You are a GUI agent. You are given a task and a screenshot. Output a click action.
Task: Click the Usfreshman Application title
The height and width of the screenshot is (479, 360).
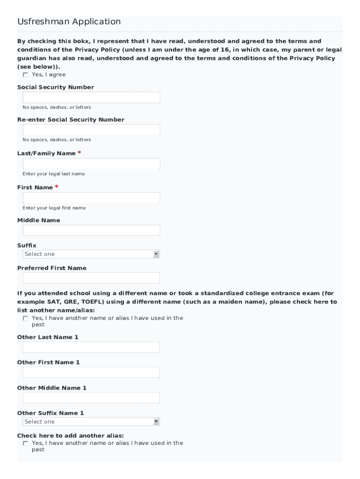tap(69, 22)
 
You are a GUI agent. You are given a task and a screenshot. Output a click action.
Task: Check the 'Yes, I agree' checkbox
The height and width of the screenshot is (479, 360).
tap(25, 75)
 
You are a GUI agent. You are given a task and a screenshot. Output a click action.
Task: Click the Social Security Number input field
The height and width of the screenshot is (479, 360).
tap(91, 97)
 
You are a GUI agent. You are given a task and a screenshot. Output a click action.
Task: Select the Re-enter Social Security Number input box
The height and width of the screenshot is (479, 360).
tap(91, 130)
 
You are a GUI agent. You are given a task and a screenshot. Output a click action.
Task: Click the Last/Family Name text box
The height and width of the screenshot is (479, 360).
tap(91, 164)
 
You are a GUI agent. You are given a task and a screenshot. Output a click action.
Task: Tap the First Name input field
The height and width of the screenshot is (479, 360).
tap(91, 198)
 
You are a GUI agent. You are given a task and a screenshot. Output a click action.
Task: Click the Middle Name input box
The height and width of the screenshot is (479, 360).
tap(91, 230)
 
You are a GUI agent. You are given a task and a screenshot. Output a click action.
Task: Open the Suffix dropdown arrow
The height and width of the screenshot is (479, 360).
tap(156, 254)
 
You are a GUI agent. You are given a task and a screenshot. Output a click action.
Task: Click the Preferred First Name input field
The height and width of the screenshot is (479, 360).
tap(91, 278)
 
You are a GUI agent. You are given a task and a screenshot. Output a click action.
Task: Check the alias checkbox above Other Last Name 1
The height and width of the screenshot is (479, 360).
tap(25, 319)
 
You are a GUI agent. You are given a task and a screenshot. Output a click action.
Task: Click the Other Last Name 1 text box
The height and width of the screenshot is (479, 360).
tap(91, 347)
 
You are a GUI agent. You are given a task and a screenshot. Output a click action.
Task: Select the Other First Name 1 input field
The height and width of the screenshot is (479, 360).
tap(91, 372)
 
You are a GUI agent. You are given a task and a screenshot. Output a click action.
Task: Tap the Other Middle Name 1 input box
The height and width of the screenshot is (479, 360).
tap(91, 398)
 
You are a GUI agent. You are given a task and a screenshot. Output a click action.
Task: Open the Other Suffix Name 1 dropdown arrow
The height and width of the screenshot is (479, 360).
tap(156, 421)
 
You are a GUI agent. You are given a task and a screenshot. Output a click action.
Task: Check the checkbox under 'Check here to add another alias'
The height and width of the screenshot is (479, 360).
tap(25, 443)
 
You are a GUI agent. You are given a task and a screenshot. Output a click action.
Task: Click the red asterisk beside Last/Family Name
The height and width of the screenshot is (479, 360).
tap(79, 153)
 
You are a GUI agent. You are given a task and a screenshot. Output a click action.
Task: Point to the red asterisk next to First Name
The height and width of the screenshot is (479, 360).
tap(57, 187)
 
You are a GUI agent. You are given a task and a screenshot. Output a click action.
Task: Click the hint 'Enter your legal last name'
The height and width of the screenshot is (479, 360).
tap(54, 174)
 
